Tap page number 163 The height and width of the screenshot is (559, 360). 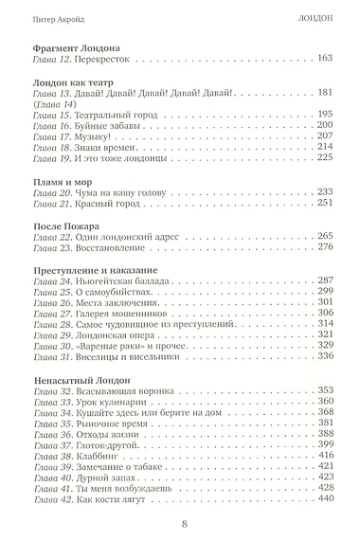pyautogui.click(x=325, y=60)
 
